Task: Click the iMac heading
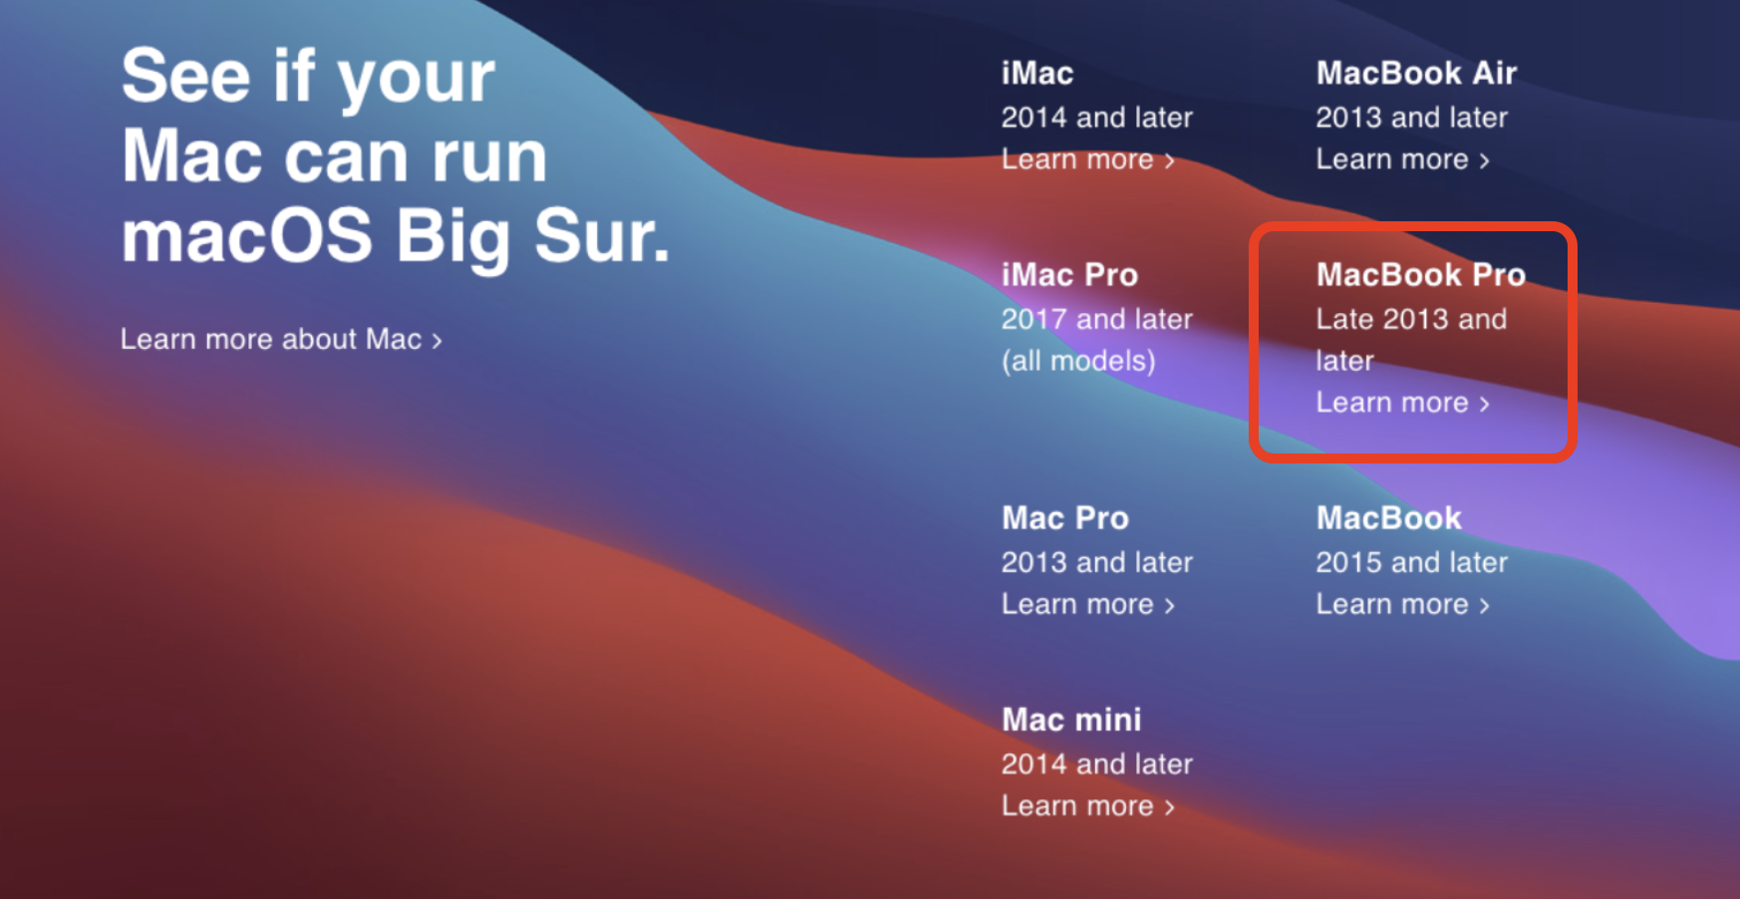click(x=1037, y=73)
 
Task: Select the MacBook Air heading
click(x=1416, y=73)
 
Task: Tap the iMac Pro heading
click(x=1069, y=274)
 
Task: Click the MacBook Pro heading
click(x=1421, y=274)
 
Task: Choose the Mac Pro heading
click(x=1065, y=517)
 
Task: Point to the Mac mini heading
click(x=1071, y=719)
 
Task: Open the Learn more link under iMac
click(x=1088, y=159)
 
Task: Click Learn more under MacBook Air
click(x=1403, y=159)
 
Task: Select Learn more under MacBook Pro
click(x=1403, y=403)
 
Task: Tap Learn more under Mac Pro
click(x=1088, y=604)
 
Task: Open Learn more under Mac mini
click(x=1088, y=805)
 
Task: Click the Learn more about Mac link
click(x=281, y=339)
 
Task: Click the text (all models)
click(x=1078, y=361)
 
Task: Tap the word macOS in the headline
click(x=247, y=236)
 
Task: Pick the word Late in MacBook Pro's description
click(x=1345, y=319)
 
